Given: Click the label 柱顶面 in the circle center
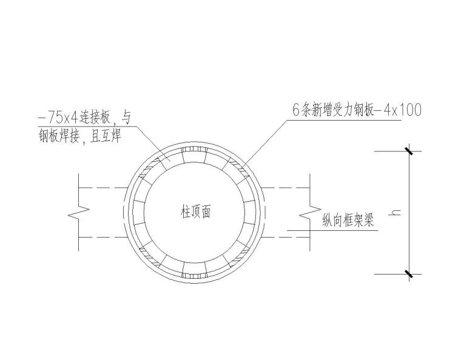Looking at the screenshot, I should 195,213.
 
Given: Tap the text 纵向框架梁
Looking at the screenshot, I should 347,221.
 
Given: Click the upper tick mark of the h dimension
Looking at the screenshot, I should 409,151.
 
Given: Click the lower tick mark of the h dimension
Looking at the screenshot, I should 409,274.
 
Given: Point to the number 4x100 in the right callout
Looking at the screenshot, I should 401,110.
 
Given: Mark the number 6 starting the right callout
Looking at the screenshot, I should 295,110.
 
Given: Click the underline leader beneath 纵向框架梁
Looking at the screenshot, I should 340,230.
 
